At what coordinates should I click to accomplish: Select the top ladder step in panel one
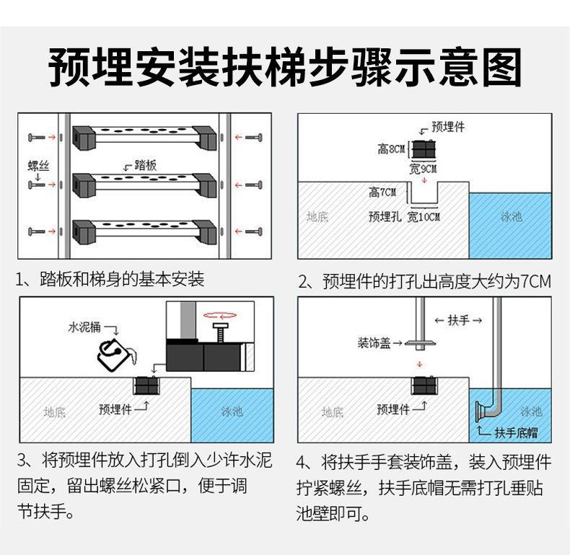(x=144, y=135)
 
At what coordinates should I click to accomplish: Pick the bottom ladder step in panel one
(x=144, y=231)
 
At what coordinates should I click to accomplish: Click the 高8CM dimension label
(x=392, y=150)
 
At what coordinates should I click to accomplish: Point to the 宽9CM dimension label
(x=423, y=169)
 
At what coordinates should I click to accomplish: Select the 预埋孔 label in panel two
(x=384, y=216)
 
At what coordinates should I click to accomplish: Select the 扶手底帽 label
(x=515, y=433)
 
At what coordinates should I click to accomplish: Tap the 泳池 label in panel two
(x=511, y=216)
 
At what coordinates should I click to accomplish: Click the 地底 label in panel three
(x=54, y=412)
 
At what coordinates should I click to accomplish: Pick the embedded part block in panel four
(x=424, y=386)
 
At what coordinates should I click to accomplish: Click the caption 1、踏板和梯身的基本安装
(x=110, y=280)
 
